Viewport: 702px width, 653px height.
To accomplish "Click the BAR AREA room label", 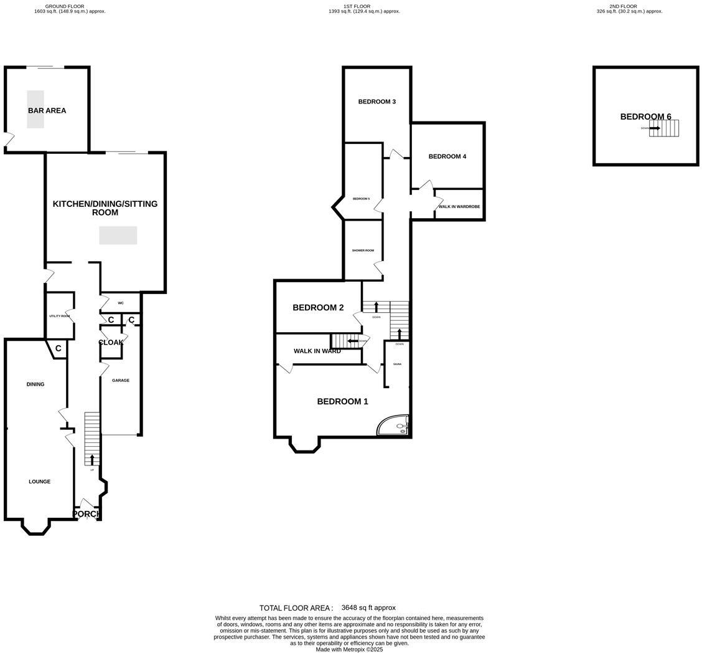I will (x=47, y=111).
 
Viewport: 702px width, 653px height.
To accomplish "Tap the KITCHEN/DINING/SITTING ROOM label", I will (x=105, y=208).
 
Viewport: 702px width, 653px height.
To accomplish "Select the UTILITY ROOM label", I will (x=59, y=316).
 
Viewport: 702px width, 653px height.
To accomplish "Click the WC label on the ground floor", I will (x=121, y=303).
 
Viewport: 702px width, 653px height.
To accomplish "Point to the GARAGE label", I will (x=120, y=380).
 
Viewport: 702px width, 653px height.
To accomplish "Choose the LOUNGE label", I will (x=39, y=482).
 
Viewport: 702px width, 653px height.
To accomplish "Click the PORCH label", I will (x=86, y=514).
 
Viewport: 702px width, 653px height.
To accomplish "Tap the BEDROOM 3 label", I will (x=377, y=102).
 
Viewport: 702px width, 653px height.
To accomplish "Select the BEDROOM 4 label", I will (x=447, y=156).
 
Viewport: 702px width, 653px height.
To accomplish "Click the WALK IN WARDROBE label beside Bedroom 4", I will (x=459, y=206).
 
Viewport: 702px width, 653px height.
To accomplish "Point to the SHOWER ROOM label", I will (x=363, y=250).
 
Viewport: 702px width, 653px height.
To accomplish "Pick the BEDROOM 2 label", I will (x=318, y=307).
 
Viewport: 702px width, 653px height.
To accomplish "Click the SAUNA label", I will (x=397, y=364).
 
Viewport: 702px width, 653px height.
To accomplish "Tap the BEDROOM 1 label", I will (x=342, y=401).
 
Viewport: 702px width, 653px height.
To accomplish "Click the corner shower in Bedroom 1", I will (x=394, y=425).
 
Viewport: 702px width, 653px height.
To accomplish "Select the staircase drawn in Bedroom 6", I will (x=664, y=128).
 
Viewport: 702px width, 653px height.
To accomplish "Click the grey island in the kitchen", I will (x=118, y=235).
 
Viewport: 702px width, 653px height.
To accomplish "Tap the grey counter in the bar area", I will (x=35, y=109).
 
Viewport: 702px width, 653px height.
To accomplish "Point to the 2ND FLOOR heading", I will (x=623, y=6).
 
